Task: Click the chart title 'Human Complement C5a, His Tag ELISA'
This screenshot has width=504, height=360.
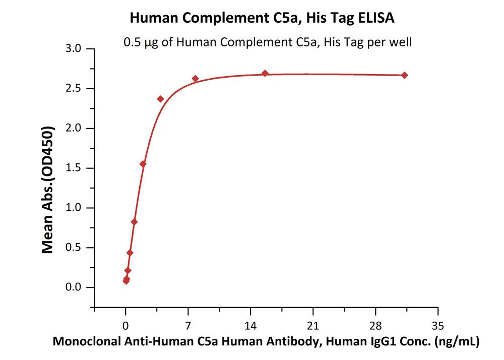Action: pos(262,18)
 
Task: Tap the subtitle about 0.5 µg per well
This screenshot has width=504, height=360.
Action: pos(268,42)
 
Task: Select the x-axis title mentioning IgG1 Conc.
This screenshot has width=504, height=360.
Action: pos(266,341)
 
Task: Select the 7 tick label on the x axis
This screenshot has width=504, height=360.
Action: pos(188,325)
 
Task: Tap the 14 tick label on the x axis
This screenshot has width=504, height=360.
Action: pos(250,325)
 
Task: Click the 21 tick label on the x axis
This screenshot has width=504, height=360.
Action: pos(313,325)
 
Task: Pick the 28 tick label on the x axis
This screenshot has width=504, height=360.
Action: pos(375,325)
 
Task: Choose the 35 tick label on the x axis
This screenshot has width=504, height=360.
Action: pos(438,325)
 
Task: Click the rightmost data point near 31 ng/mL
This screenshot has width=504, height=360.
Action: pos(405,75)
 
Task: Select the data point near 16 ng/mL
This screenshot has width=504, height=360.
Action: pos(265,73)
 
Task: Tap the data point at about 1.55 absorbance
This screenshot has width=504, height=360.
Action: pos(143,164)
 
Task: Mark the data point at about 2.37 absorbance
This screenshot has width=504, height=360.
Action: pos(161,99)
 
